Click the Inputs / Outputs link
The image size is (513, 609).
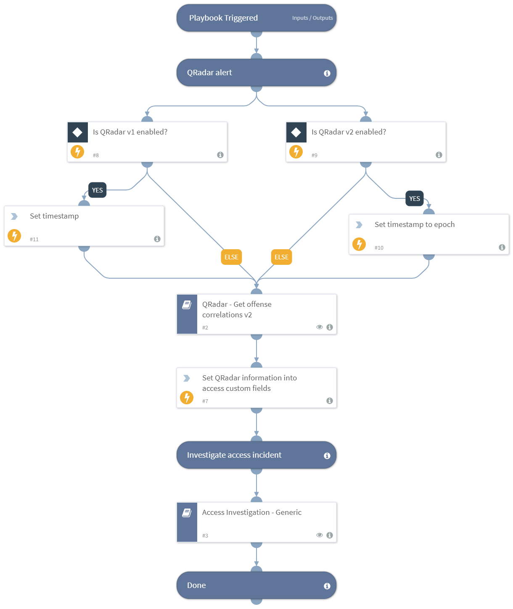(312, 18)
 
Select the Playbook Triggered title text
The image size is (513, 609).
(223, 18)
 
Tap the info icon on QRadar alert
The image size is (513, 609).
(327, 73)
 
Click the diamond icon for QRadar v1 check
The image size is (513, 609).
(77, 132)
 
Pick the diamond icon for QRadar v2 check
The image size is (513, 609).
(296, 132)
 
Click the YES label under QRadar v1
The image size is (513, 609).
(97, 190)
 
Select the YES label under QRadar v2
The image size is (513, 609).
(415, 198)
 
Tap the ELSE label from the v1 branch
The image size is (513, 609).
(231, 257)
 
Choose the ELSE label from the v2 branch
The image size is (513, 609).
(281, 257)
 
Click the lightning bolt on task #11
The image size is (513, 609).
(14, 236)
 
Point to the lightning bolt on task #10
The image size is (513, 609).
(359, 244)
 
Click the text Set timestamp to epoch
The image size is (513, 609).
(415, 224)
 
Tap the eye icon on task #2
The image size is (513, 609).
(320, 327)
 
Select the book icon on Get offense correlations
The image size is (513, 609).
(187, 305)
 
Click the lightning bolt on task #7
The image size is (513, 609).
(187, 397)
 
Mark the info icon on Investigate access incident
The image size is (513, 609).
(327, 456)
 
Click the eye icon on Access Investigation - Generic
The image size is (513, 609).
(320, 535)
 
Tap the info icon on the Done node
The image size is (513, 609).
(327, 586)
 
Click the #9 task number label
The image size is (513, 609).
(315, 155)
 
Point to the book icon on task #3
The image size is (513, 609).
(187, 513)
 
